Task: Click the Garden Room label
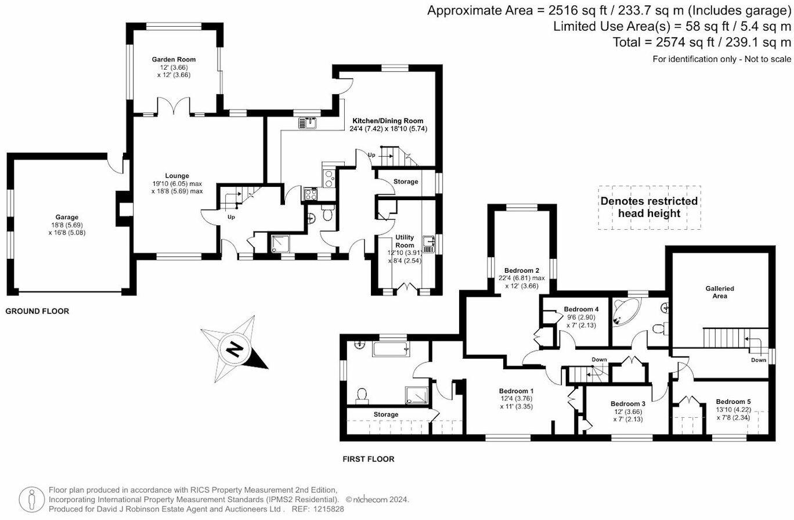tap(174, 59)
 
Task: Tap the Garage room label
tap(67, 217)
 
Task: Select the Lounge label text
tap(176, 176)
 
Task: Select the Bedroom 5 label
tap(732, 402)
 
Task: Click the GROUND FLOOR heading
tap(37, 312)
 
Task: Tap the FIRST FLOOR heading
tap(368, 459)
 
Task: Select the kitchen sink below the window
tap(307, 122)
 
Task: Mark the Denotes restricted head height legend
tap(649, 207)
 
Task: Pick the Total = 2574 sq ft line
tap(702, 42)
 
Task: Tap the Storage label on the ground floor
tap(405, 182)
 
